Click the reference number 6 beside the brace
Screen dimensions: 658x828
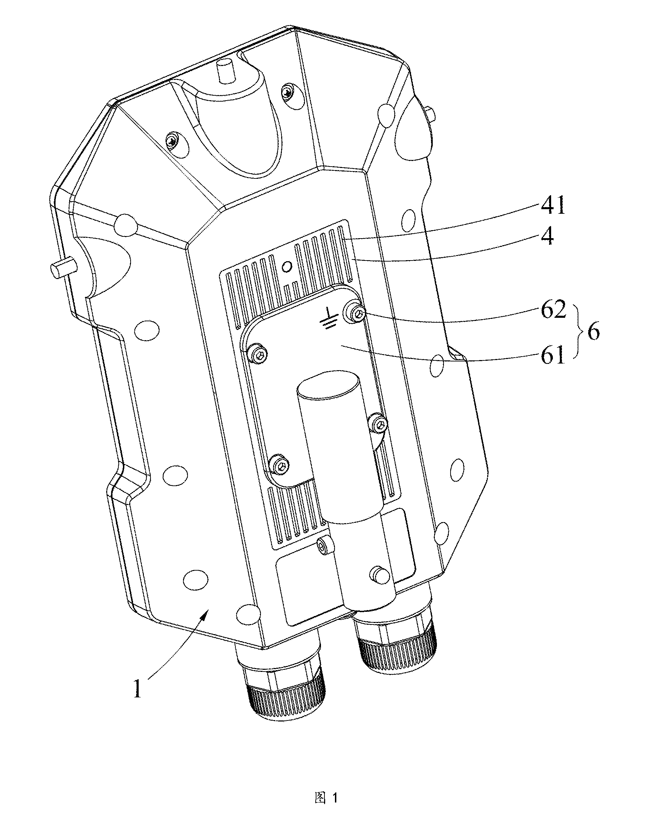pyautogui.click(x=593, y=331)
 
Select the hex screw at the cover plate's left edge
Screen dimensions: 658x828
pyautogui.click(x=258, y=351)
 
